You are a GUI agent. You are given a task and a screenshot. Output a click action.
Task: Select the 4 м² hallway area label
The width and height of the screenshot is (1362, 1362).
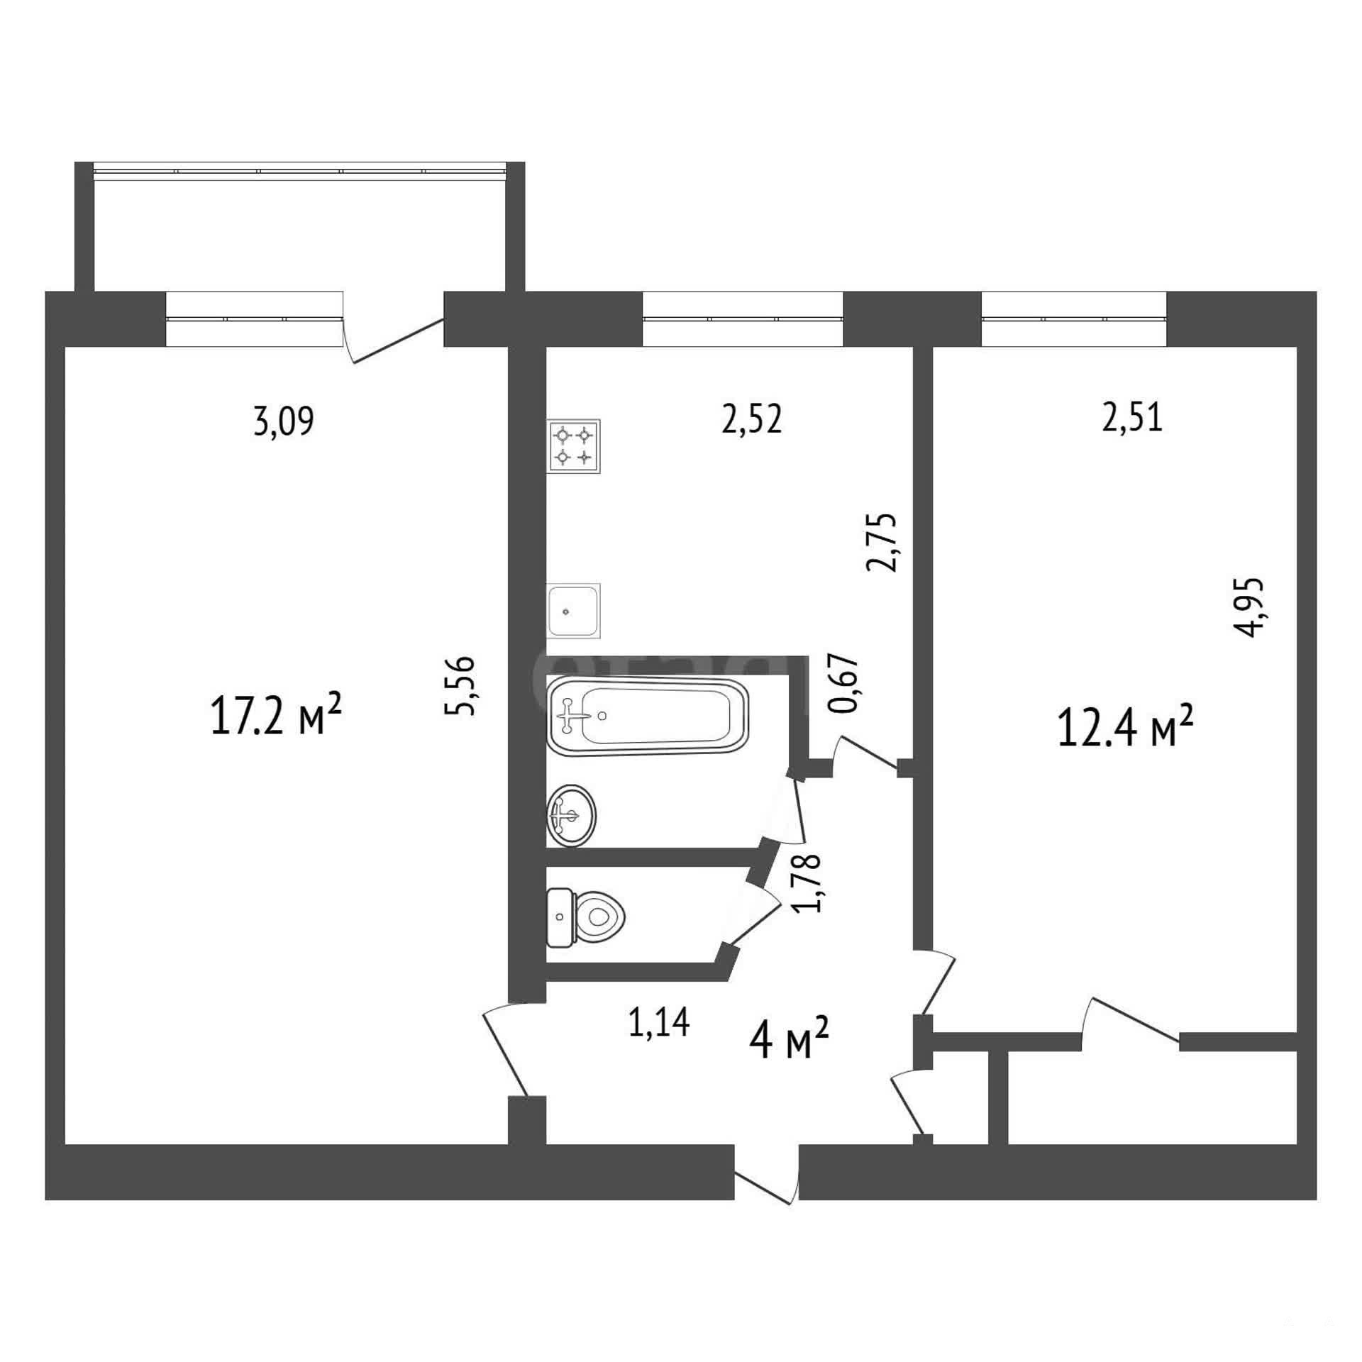790,1039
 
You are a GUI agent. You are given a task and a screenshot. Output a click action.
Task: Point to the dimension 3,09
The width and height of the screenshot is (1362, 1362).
283,422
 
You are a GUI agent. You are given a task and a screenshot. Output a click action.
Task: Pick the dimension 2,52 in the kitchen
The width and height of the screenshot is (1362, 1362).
752,419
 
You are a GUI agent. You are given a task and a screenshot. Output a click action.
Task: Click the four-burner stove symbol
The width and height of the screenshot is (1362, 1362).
574,446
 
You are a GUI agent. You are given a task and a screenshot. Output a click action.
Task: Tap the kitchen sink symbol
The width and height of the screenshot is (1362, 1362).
574,610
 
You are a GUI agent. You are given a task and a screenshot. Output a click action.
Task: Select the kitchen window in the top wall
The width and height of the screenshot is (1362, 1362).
743,319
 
